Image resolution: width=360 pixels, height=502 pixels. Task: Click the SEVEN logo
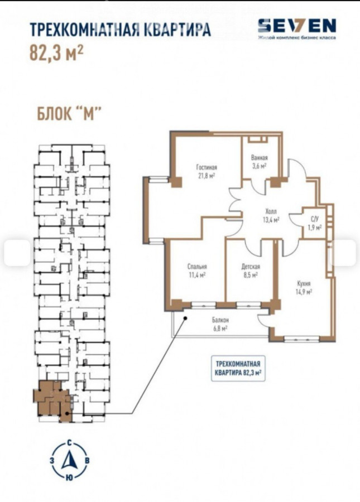pyautogui.click(x=297, y=28)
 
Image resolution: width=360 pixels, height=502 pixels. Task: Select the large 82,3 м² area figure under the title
pyautogui.click(x=57, y=52)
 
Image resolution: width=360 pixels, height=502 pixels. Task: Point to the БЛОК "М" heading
pyautogui.click(x=70, y=114)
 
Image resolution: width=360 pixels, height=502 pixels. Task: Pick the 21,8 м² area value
pyautogui.click(x=206, y=175)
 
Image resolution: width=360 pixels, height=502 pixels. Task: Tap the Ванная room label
pyautogui.click(x=260, y=158)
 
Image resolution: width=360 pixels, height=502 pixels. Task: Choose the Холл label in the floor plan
pyautogui.click(x=271, y=211)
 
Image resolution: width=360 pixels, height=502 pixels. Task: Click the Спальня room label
pyautogui.click(x=197, y=267)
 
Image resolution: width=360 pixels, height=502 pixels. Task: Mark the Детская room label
pyautogui.click(x=251, y=267)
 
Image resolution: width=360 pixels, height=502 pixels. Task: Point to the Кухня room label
pyautogui.click(x=304, y=283)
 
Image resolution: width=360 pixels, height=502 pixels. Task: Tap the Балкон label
pyautogui.click(x=220, y=320)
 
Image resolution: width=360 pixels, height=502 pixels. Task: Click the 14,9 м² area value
pyautogui.click(x=304, y=291)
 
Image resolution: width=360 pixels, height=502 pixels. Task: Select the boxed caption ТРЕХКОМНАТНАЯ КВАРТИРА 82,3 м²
pyautogui.click(x=238, y=368)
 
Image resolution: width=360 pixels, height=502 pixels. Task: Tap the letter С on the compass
pyautogui.click(x=70, y=443)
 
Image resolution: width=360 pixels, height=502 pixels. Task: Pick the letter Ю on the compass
pyautogui.click(x=69, y=477)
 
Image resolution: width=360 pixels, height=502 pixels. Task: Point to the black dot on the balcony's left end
pyautogui.click(x=185, y=318)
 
